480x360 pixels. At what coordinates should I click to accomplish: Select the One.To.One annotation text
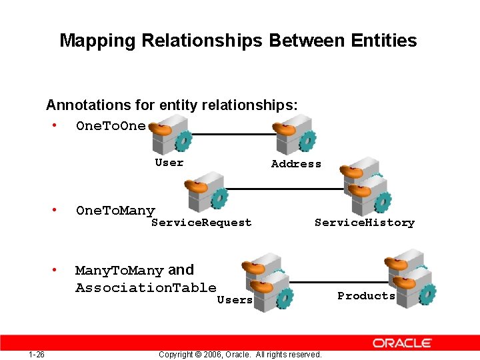point(110,126)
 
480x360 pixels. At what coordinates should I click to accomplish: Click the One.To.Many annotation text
point(115,211)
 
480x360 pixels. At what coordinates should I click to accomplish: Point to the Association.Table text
point(145,288)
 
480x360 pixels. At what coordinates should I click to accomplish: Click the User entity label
point(169,162)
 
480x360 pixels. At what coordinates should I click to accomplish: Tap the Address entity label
point(296,164)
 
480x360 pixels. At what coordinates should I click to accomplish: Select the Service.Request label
point(201,223)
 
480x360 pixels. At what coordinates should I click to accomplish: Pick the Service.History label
point(364,223)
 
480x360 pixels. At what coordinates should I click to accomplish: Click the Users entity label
point(235,300)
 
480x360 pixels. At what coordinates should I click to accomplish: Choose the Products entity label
point(366,295)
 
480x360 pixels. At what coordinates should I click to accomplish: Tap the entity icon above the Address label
point(294,136)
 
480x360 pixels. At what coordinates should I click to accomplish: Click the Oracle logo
point(402,343)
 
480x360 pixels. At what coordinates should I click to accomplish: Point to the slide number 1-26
point(37,354)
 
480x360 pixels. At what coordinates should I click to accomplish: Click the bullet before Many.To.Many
point(53,271)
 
